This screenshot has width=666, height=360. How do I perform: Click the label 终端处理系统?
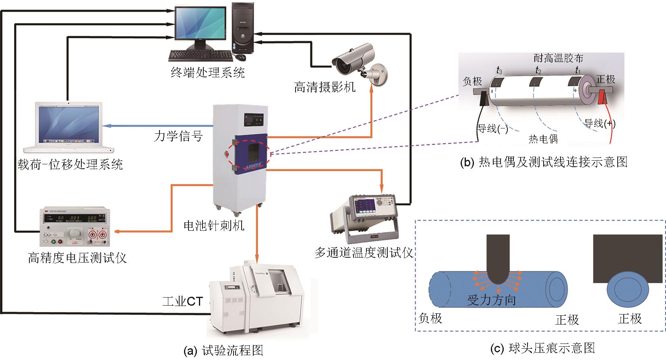(207, 72)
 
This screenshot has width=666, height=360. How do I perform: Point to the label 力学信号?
(178, 136)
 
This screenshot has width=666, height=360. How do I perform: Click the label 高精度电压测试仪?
(77, 257)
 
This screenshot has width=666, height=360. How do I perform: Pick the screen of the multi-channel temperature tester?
(367, 204)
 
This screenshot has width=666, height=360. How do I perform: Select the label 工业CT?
(182, 301)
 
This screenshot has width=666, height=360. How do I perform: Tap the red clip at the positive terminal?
(602, 97)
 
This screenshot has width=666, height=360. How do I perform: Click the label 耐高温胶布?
(558, 58)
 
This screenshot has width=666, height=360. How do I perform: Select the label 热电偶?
(543, 139)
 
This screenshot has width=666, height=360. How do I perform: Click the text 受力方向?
(491, 300)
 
